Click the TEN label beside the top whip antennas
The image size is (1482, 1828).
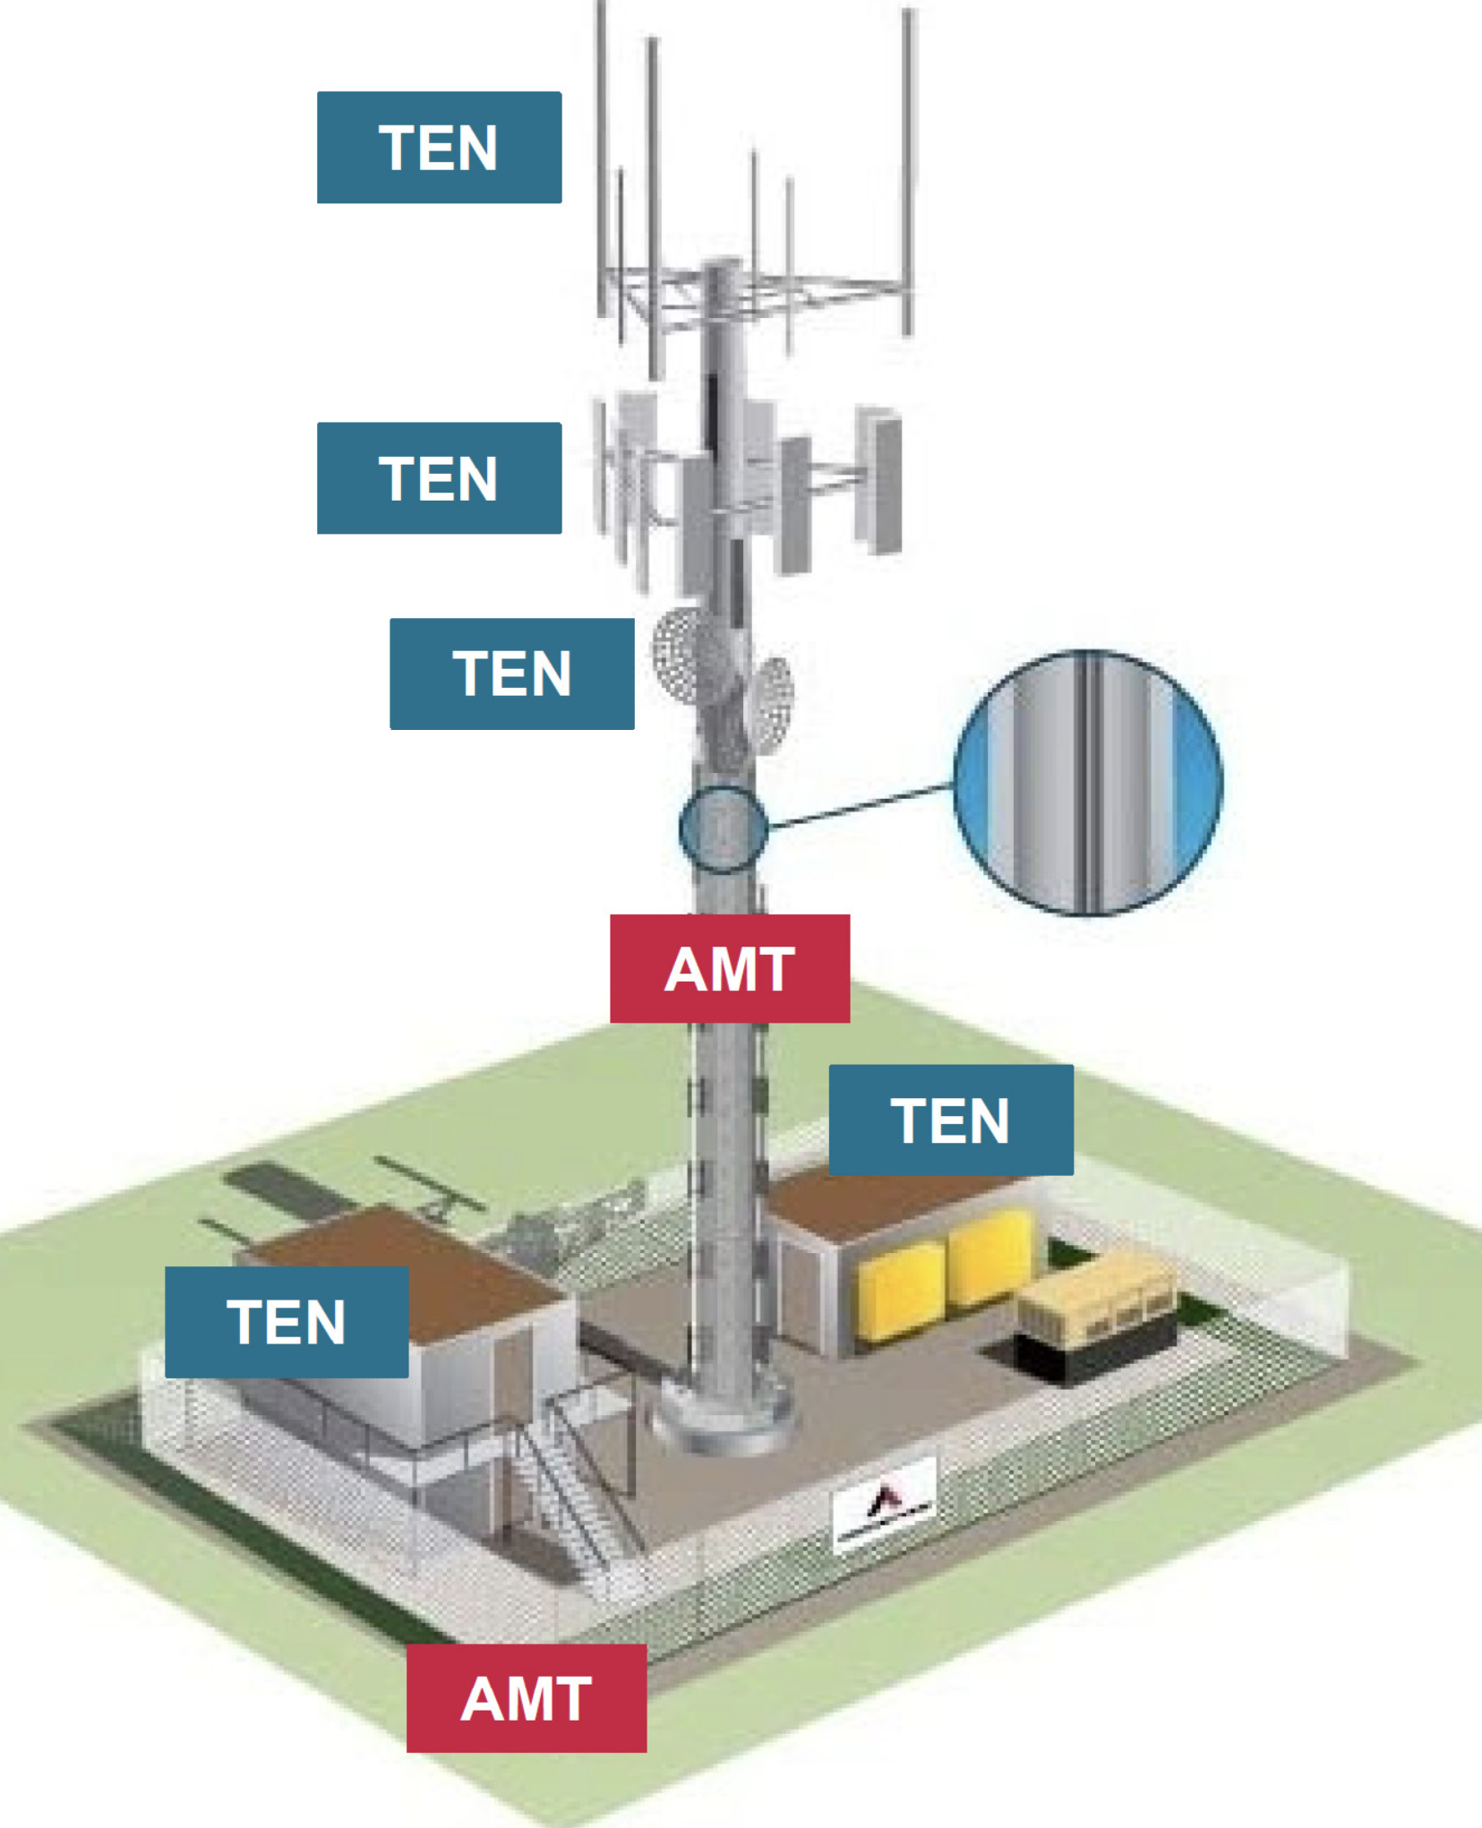pyautogui.click(x=439, y=148)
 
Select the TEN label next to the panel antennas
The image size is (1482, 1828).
pyautogui.click(x=439, y=478)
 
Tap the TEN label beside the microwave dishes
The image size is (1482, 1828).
pyautogui.click(x=511, y=674)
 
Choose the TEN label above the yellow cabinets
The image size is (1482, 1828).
pyautogui.click(x=950, y=1120)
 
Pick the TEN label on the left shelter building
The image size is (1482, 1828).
pyautogui.click(x=287, y=1322)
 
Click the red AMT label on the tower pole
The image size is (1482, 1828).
pyautogui.click(x=729, y=968)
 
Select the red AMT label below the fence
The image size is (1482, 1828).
pyautogui.click(x=527, y=1698)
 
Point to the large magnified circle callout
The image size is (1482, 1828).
pyautogui.click(x=1087, y=783)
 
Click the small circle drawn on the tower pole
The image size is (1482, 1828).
pyautogui.click(x=723, y=829)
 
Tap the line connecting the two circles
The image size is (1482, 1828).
pyautogui.click(x=860, y=805)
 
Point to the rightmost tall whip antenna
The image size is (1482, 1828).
pyautogui.click(x=908, y=170)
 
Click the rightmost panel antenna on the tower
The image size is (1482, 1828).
pyautogui.click(x=878, y=479)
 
